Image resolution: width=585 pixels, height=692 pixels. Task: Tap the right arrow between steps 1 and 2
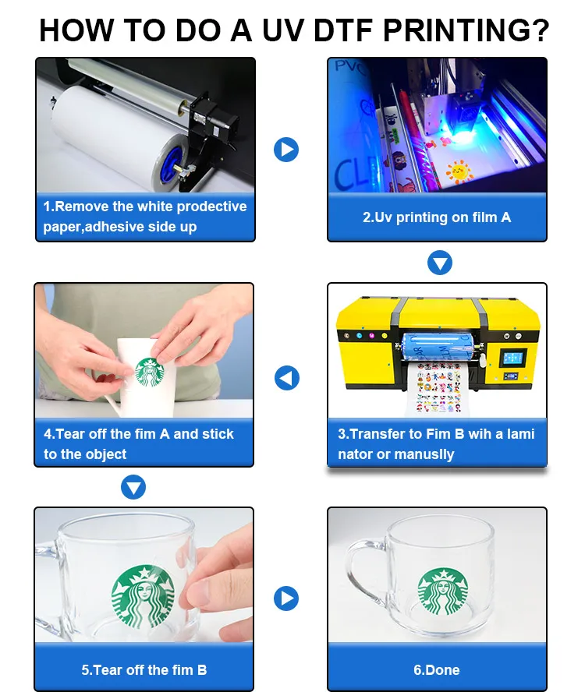[286, 149]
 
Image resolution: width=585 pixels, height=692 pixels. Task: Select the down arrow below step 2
[440, 263]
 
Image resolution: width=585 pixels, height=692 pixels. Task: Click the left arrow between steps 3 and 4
[286, 379]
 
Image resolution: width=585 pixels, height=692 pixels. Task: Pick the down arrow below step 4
[134, 489]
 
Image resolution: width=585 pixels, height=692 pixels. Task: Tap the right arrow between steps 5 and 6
[286, 598]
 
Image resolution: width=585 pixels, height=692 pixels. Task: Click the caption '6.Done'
[437, 669]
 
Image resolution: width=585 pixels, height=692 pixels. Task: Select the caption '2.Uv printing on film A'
[437, 217]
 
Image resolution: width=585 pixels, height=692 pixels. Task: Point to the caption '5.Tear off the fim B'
[144, 669]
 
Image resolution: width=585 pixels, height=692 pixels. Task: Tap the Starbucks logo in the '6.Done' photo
[442, 591]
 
